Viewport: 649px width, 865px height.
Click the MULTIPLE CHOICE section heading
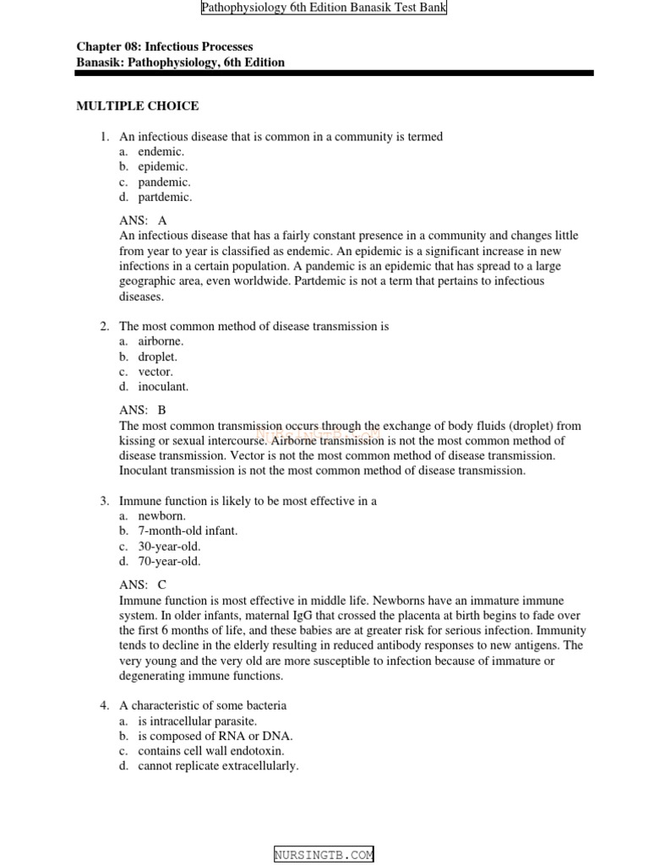[x=138, y=106]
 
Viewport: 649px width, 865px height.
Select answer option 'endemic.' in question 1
[x=161, y=152]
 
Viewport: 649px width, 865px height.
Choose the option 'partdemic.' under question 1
[x=165, y=198]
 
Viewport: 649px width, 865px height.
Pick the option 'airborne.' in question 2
[x=161, y=341]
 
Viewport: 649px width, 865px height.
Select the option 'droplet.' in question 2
[x=158, y=356]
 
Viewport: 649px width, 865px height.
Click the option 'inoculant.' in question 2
[x=163, y=387]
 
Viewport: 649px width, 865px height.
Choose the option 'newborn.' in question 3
[x=161, y=516]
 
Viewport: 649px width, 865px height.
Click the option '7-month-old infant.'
[x=188, y=531]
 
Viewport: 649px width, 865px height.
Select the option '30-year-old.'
[x=169, y=547]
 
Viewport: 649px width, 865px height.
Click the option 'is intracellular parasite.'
[x=197, y=721]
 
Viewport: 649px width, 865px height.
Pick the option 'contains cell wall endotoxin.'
[x=211, y=751]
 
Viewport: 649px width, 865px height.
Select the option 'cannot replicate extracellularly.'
[x=218, y=766]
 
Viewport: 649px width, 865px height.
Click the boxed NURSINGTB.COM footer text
[x=324, y=855]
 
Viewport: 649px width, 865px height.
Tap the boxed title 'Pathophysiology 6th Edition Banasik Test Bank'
[x=324, y=8]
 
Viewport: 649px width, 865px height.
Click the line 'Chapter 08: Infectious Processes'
[x=165, y=47]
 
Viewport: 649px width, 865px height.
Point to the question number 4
[x=104, y=705]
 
